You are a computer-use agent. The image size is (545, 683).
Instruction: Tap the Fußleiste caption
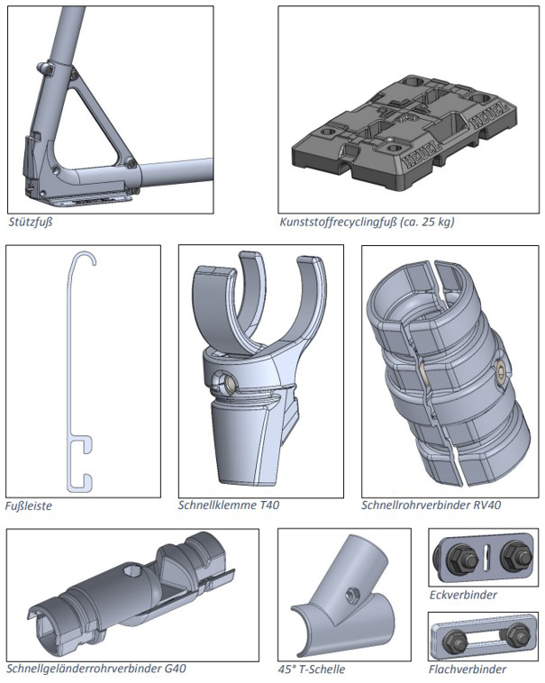[29, 506]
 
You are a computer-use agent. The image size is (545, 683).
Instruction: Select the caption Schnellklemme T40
[229, 505]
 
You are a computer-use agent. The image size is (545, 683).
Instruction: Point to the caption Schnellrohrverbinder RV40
[431, 505]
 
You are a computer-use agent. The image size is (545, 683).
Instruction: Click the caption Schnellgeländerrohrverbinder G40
[96, 669]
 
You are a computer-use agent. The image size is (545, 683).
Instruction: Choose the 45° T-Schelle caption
[312, 669]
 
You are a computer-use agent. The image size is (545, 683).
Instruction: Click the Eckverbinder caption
[463, 595]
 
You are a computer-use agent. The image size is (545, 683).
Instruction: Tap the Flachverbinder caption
[468, 669]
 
